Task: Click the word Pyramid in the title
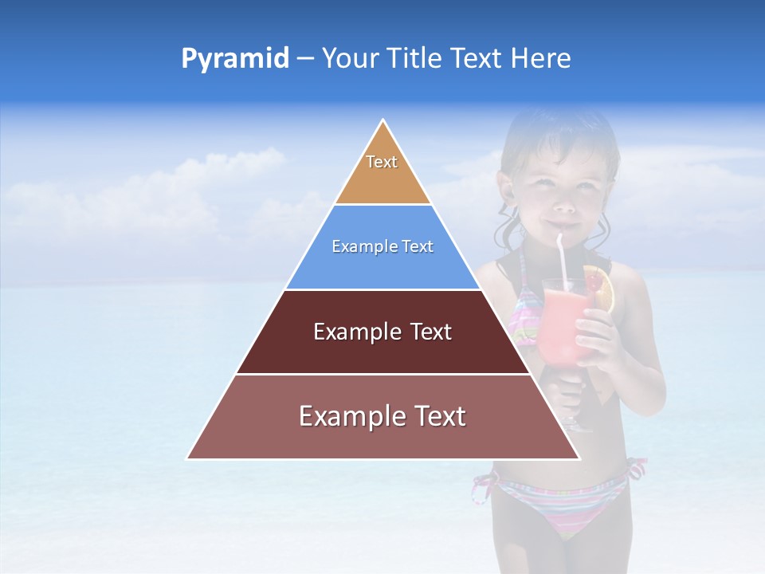[235, 59]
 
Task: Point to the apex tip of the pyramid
[383, 122]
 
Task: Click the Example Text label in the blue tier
[382, 246]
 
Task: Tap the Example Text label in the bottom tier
[382, 416]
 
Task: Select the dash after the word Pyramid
[304, 59]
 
